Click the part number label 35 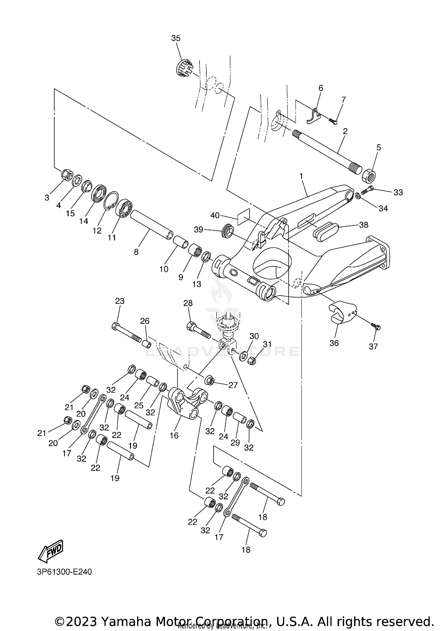click(x=176, y=38)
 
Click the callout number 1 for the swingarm click(x=301, y=176)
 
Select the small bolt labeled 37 click(x=376, y=327)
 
